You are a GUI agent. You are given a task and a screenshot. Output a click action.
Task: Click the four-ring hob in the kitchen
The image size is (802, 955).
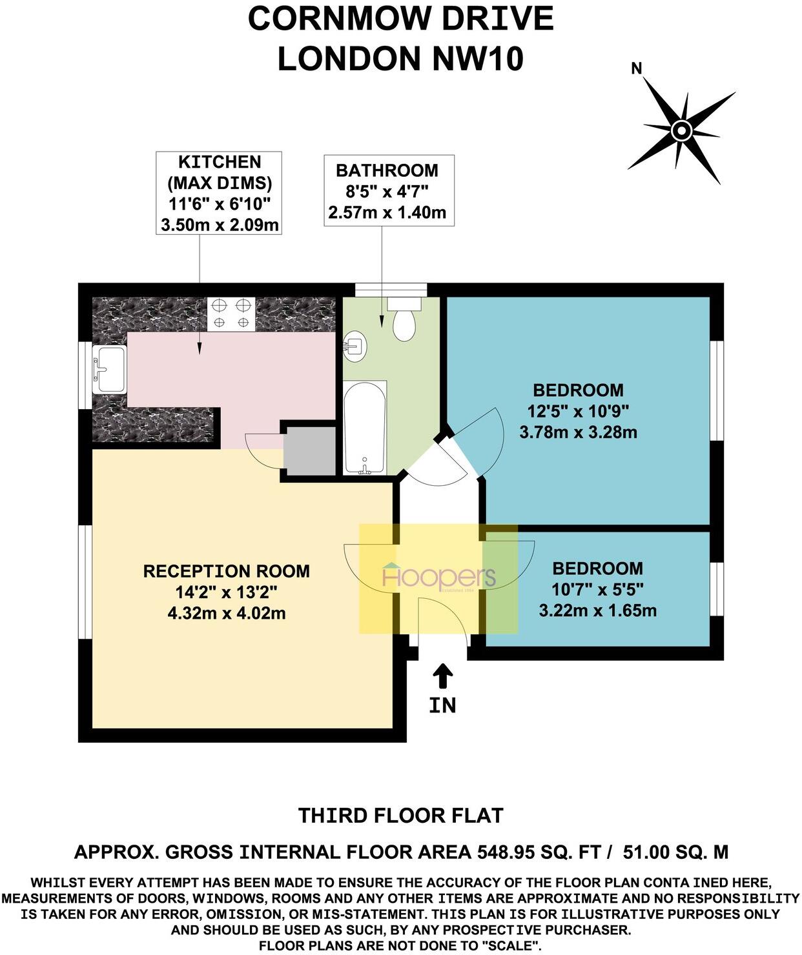(x=231, y=313)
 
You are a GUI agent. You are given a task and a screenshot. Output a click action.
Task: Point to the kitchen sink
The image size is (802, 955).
(x=109, y=369)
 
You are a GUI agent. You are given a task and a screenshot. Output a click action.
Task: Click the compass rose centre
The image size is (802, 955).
(x=681, y=131)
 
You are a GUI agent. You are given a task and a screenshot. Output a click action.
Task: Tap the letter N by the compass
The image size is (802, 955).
(x=637, y=68)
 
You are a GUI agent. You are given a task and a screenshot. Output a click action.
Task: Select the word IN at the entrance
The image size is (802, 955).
(x=443, y=705)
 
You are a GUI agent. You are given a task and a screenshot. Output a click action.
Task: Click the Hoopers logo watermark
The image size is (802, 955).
(x=438, y=576)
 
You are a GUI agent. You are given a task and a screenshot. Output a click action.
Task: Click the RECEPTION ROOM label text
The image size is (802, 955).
(x=226, y=571)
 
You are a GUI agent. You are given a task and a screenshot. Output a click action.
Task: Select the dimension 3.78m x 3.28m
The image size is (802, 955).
(x=578, y=432)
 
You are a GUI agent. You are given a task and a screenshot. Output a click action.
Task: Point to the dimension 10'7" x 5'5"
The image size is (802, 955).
(x=598, y=589)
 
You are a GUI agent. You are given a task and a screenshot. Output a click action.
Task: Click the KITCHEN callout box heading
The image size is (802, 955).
(x=220, y=162)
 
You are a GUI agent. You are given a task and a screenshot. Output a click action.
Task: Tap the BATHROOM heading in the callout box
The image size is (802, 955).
(x=387, y=170)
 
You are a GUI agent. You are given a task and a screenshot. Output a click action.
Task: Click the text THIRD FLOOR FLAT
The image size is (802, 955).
(x=400, y=815)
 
